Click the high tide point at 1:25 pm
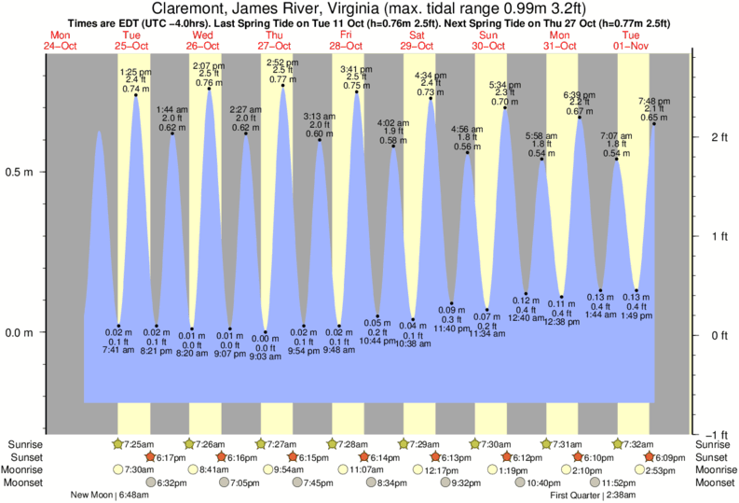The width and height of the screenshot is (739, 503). click(136, 95)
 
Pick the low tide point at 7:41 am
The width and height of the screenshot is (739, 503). click(118, 326)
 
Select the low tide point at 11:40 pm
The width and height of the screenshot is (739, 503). click(451, 303)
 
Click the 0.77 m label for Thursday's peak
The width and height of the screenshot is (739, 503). click(282, 79)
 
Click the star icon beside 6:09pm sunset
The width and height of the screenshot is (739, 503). click(649, 457)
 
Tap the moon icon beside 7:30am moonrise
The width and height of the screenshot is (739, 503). click(117, 469)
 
